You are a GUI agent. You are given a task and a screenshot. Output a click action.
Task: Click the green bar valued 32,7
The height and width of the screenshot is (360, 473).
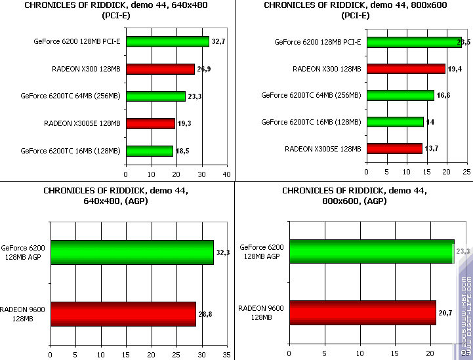167,41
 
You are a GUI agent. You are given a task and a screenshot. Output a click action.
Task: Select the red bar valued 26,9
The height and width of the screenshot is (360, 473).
160,69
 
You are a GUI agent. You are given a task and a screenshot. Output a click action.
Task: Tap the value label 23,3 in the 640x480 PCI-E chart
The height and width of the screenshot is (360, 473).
195,96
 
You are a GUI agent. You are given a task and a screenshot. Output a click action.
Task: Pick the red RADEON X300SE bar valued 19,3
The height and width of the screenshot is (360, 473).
150,123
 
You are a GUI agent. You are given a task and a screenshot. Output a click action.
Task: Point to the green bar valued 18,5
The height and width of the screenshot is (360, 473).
149,151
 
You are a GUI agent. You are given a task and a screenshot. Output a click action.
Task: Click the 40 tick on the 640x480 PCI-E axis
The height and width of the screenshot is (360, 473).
226,174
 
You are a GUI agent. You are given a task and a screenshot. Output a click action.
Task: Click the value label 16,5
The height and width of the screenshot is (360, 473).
443,96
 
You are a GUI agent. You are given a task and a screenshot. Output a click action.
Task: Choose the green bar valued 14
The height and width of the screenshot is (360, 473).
395,122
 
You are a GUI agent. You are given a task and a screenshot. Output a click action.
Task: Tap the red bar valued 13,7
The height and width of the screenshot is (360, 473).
394,149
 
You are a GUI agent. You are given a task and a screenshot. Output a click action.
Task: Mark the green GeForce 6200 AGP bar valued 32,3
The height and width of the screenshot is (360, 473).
132,252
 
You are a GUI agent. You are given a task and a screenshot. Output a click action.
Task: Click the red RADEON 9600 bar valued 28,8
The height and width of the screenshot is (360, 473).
123,314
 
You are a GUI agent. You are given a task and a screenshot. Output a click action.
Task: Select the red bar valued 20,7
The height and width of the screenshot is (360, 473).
363,313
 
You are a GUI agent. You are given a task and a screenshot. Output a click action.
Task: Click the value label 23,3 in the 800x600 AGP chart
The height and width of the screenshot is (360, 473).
463,251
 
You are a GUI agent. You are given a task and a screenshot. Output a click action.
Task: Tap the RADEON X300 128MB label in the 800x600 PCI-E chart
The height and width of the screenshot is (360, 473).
326,69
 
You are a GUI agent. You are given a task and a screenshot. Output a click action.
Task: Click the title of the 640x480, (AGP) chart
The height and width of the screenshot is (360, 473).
117,195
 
